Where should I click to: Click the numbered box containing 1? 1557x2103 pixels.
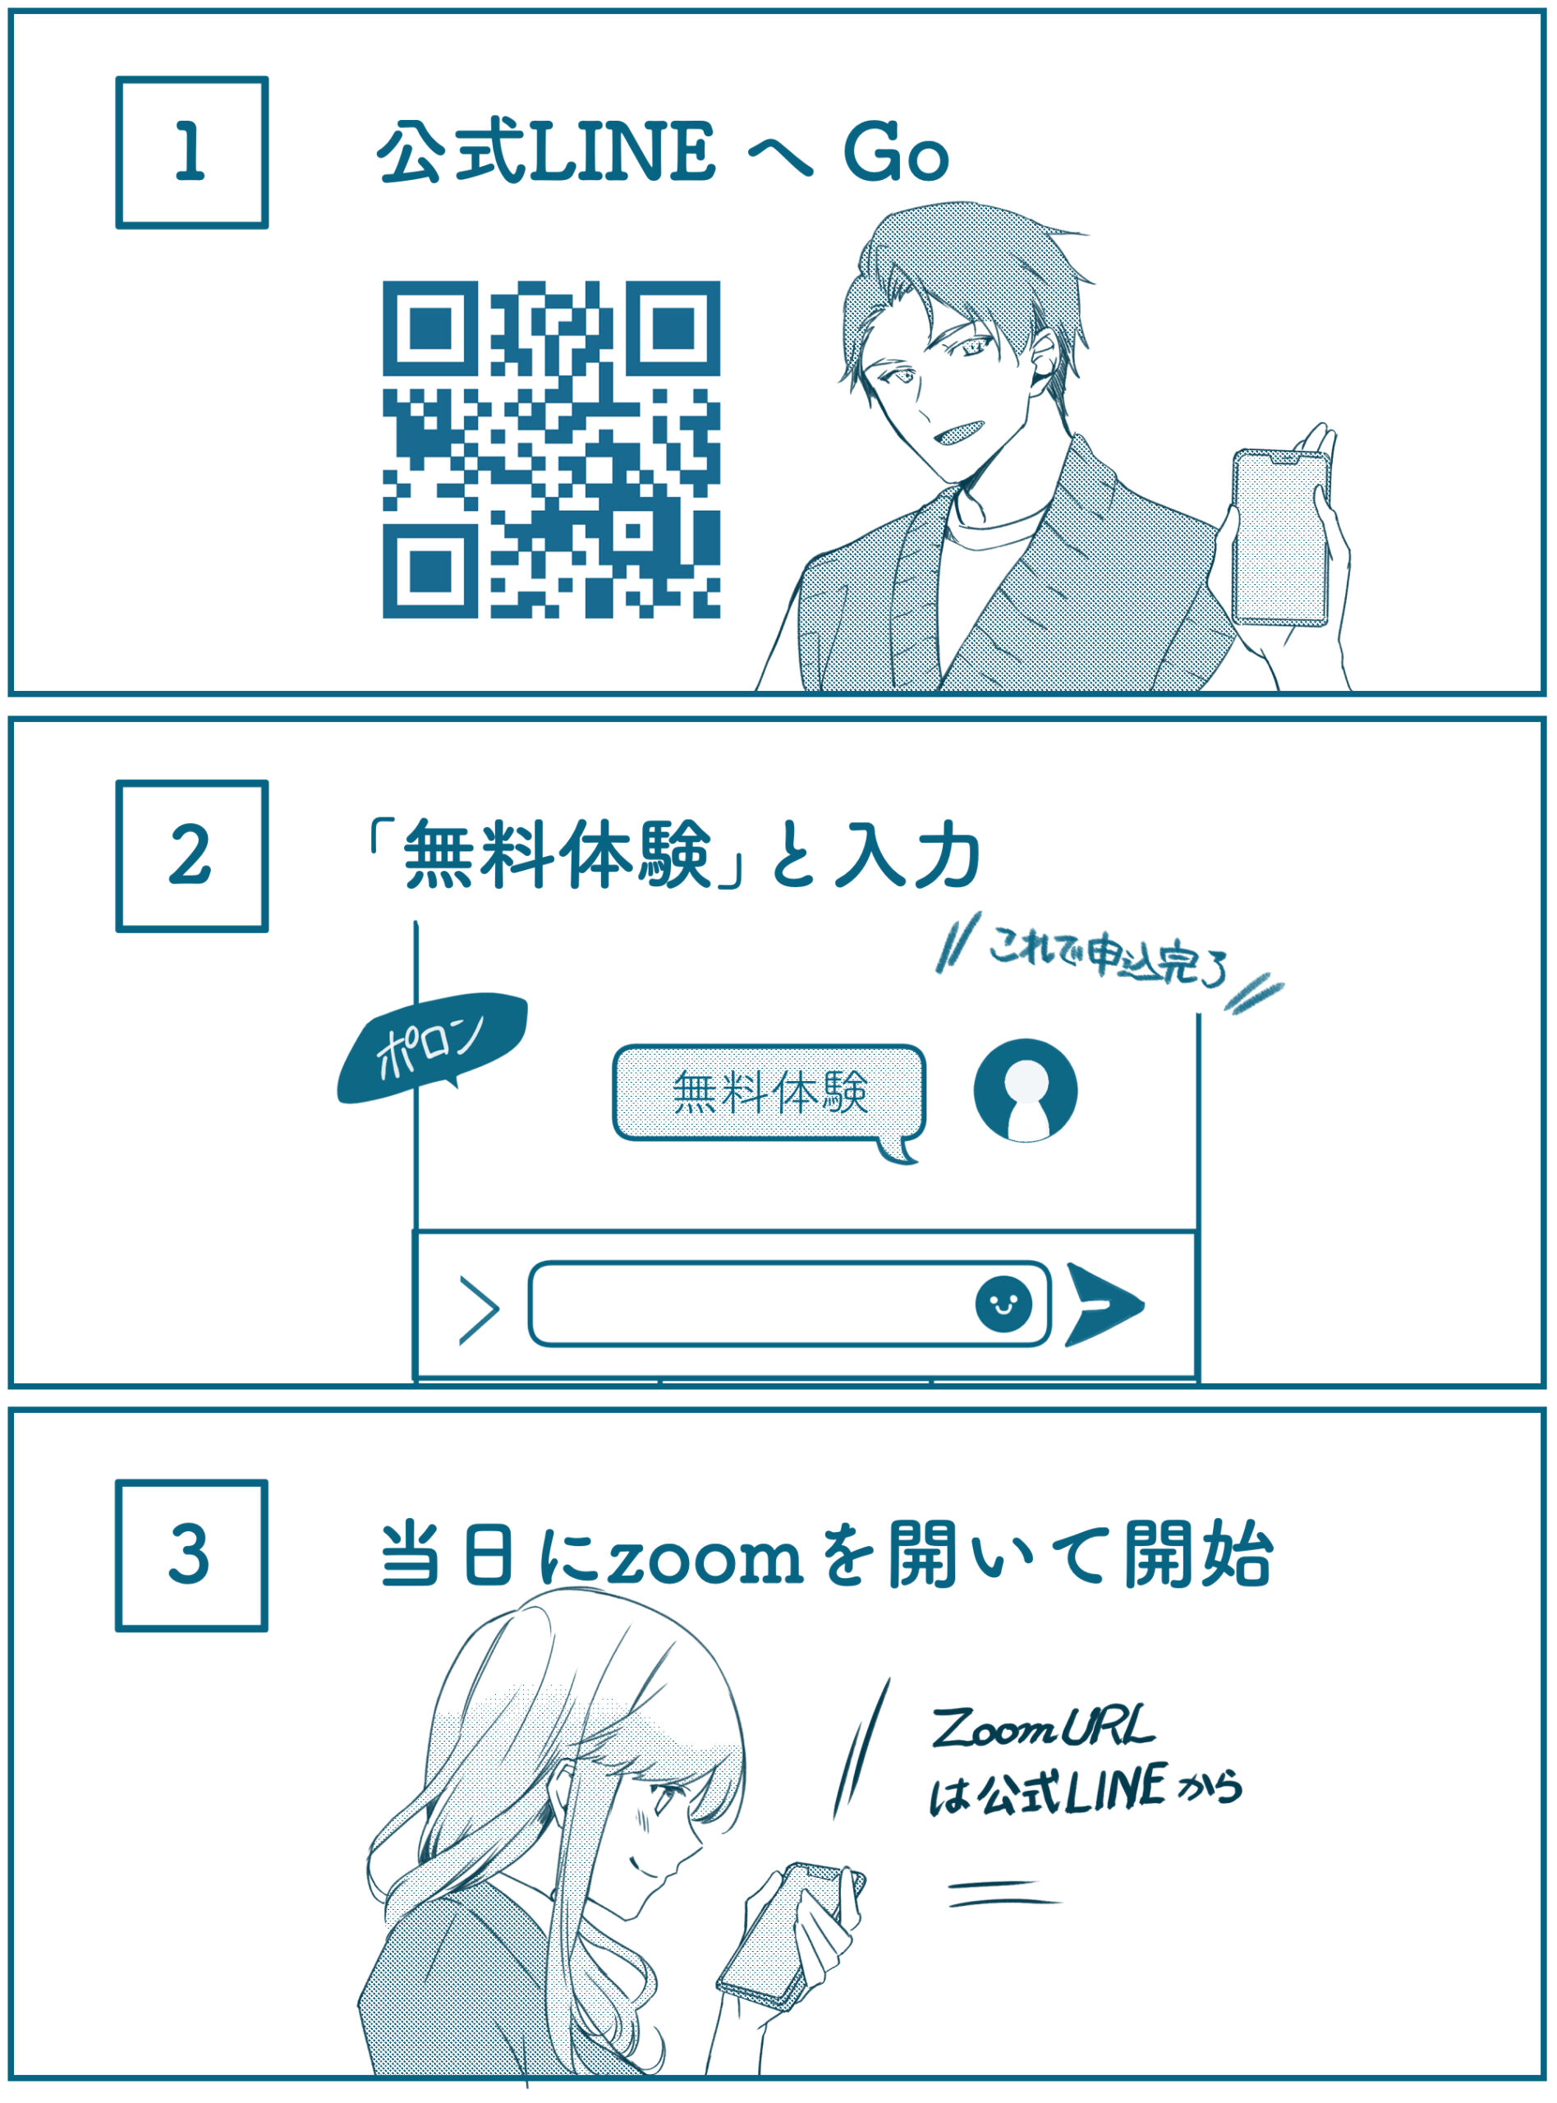coord(191,153)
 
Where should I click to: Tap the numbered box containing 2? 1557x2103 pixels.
coord(191,856)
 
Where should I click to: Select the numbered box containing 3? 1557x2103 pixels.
coord(191,1555)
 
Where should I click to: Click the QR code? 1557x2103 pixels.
coord(551,449)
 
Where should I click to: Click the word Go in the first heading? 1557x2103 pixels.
coord(895,152)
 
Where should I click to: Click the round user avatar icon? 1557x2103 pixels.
coord(1026,1092)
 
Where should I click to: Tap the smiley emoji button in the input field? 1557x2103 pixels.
coord(1003,1305)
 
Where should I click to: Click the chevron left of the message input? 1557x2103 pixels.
coord(479,1310)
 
